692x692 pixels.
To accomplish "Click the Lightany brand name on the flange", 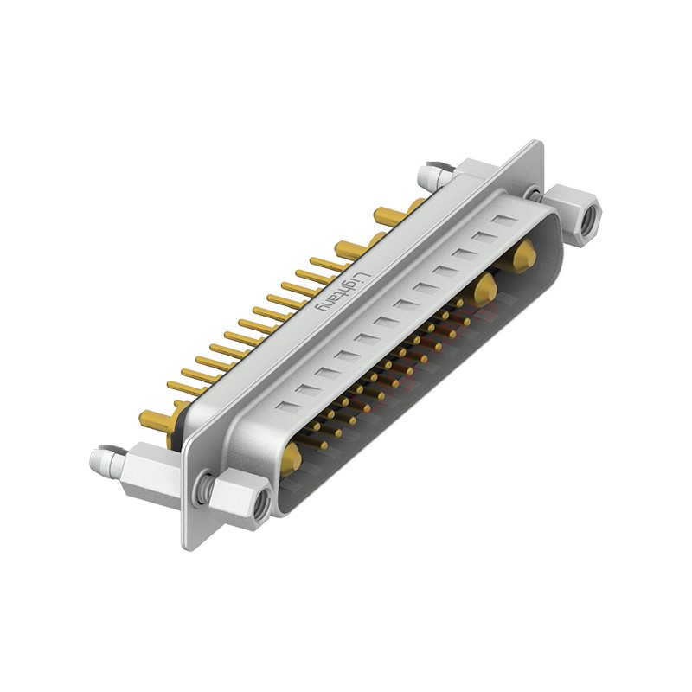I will pos(343,291).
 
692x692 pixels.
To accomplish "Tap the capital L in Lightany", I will pos(363,275).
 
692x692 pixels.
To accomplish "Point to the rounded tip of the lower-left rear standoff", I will pos(97,460).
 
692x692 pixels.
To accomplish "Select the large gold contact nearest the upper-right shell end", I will pos(523,256).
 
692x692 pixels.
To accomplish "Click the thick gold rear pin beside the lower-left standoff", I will pos(156,419).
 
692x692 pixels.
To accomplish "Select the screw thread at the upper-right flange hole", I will pos(535,194).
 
